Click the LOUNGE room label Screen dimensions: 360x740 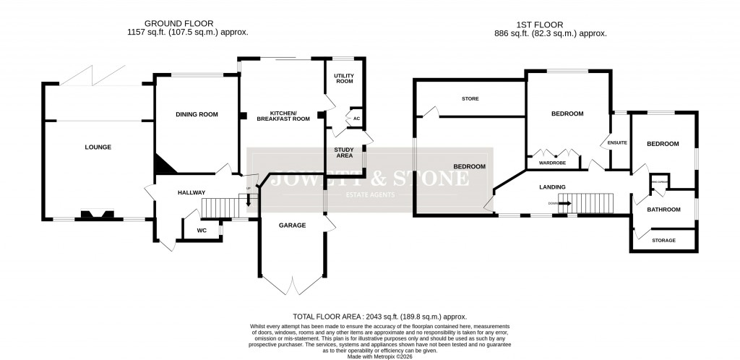click(x=98, y=147)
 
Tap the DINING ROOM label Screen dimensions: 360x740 click(x=197, y=114)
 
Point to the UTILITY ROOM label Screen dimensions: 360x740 click(x=343, y=79)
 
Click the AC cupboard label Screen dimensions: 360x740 click(x=356, y=119)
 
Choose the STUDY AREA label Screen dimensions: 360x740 click(x=343, y=153)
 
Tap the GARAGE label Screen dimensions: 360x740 click(x=292, y=226)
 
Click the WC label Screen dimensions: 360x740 click(x=192, y=231)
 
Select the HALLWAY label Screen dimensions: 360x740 click(x=192, y=192)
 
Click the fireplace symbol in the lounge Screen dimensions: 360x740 click(x=96, y=214)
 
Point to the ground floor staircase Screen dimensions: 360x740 click(x=220, y=207)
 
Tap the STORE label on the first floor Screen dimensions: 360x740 click(x=470, y=98)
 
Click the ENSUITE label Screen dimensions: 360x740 click(x=617, y=142)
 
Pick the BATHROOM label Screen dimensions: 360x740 click(x=663, y=210)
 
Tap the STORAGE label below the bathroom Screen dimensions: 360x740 click(x=663, y=241)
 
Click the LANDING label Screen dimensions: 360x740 click(x=552, y=187)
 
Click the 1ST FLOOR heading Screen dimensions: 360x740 click(x=551, y=24)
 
